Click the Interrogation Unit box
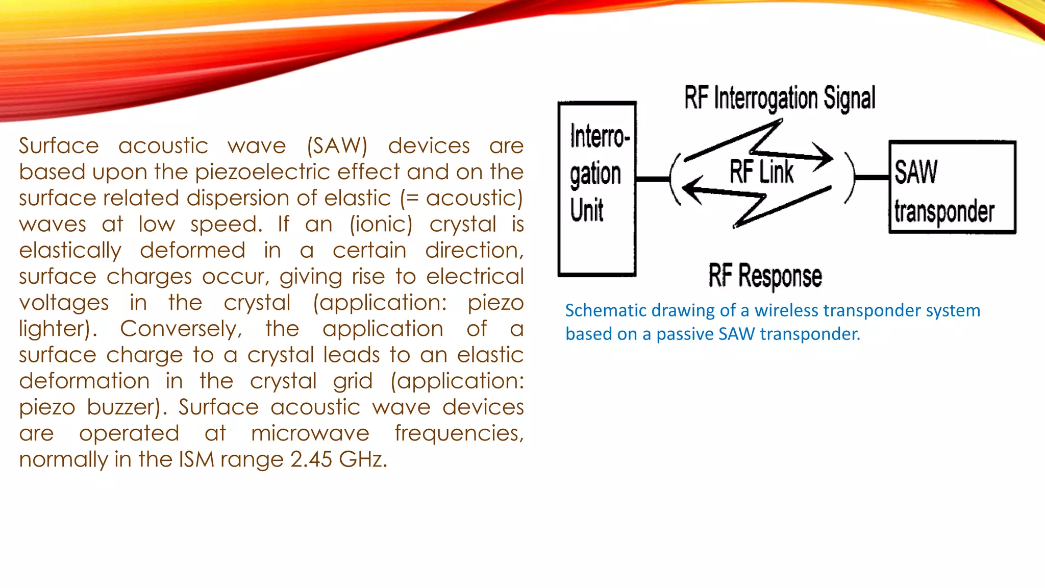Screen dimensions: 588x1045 click(x=597, y=189)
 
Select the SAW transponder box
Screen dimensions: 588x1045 click(x=952, y=187)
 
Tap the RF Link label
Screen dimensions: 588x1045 click(x=761, y=172)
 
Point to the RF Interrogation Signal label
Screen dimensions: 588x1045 click(x=780, y=98)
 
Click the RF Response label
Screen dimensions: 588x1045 click(x=765, y=276)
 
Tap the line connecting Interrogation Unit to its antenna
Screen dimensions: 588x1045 click(x=653, y=179)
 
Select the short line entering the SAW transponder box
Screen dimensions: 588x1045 click(x=872, y=178)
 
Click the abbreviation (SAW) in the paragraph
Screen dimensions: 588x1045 click(x=337, y=146)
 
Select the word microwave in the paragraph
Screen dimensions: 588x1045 click(x=310, y=433)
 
